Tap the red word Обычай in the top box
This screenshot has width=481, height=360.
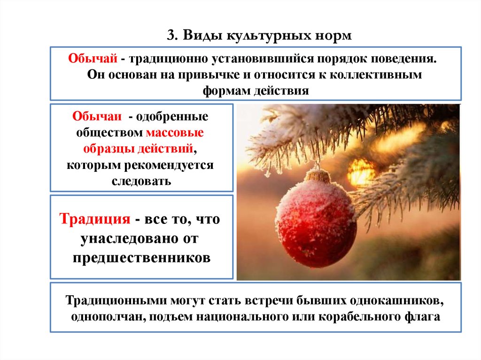click(93, 58)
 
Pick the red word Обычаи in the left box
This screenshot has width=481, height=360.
click(97, 116)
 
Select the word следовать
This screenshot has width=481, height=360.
click(141, 181)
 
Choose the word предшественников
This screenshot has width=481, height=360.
click(142, 258)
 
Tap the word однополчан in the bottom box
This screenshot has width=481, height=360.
click(109, 317)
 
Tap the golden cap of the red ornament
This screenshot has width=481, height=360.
click(318, 175)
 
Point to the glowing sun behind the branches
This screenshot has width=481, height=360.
click(361, 172)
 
